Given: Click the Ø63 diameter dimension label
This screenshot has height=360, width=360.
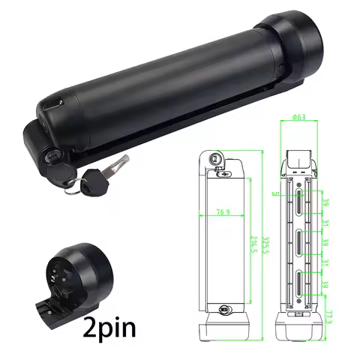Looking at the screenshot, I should point(298,118).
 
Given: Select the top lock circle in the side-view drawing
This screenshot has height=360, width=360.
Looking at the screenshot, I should point(214,159).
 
